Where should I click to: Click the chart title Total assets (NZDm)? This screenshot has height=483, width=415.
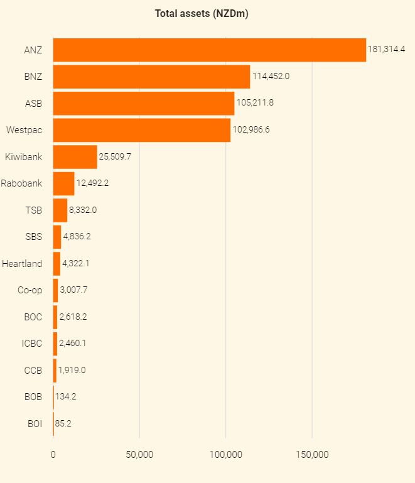(202, 13)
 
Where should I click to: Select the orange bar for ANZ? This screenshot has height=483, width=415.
(209, 50)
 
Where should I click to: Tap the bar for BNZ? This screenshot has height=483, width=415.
(151, 77)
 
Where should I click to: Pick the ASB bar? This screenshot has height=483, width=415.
(143, 103)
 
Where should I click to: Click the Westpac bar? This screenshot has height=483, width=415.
(141, 130)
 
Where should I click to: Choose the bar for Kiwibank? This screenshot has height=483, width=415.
(75, 156)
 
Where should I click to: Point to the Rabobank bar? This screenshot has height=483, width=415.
(63, 183)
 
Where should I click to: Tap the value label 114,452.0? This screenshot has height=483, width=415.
(271, 77)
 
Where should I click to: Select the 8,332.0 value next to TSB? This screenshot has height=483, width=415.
(83, 210)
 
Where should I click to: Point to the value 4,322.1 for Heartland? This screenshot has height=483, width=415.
(75, 263)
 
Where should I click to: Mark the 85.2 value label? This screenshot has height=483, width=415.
(63, 423)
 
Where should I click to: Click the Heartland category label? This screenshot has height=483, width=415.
(22, 263)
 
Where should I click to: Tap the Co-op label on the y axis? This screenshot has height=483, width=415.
(30, 290)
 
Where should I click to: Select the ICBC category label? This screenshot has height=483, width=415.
(32, 343)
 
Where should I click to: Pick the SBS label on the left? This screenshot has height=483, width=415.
(33, 237)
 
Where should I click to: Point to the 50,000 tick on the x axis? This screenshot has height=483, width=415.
(139, 455)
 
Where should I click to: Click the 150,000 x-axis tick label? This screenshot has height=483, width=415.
(312, 455)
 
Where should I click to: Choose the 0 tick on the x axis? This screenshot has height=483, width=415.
(53, 455)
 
